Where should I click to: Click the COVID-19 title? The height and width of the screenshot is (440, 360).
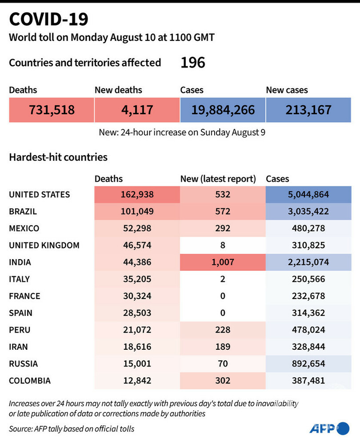coord(49,19)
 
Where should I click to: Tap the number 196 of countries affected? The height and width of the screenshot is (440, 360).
coord(192,63)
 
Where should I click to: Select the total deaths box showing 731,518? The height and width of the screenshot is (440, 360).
coord(52,109)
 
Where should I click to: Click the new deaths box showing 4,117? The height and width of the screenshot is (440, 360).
coord(137,109)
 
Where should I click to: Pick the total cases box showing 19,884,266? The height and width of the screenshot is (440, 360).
coord(223,109)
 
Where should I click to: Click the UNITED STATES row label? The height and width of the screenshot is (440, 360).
coord(40,194)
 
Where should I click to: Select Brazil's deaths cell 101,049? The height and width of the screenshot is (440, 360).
coord(137,211)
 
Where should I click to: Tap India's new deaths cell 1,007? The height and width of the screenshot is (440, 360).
coord(223,262)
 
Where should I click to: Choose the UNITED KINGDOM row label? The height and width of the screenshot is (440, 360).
coord(44,245)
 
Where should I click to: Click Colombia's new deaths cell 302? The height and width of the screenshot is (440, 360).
coord(223,380)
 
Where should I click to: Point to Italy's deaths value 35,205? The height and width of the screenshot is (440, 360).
coord(137,279)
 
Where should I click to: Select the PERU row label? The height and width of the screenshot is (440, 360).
coord(20,330)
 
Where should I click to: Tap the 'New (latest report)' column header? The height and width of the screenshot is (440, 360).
coord(218,179)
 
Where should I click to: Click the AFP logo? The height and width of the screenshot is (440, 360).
coord(329,428)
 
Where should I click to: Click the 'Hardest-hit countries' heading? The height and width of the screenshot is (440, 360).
coord(58,157)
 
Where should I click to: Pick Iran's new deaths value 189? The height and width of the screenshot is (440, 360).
coord(223,347)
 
